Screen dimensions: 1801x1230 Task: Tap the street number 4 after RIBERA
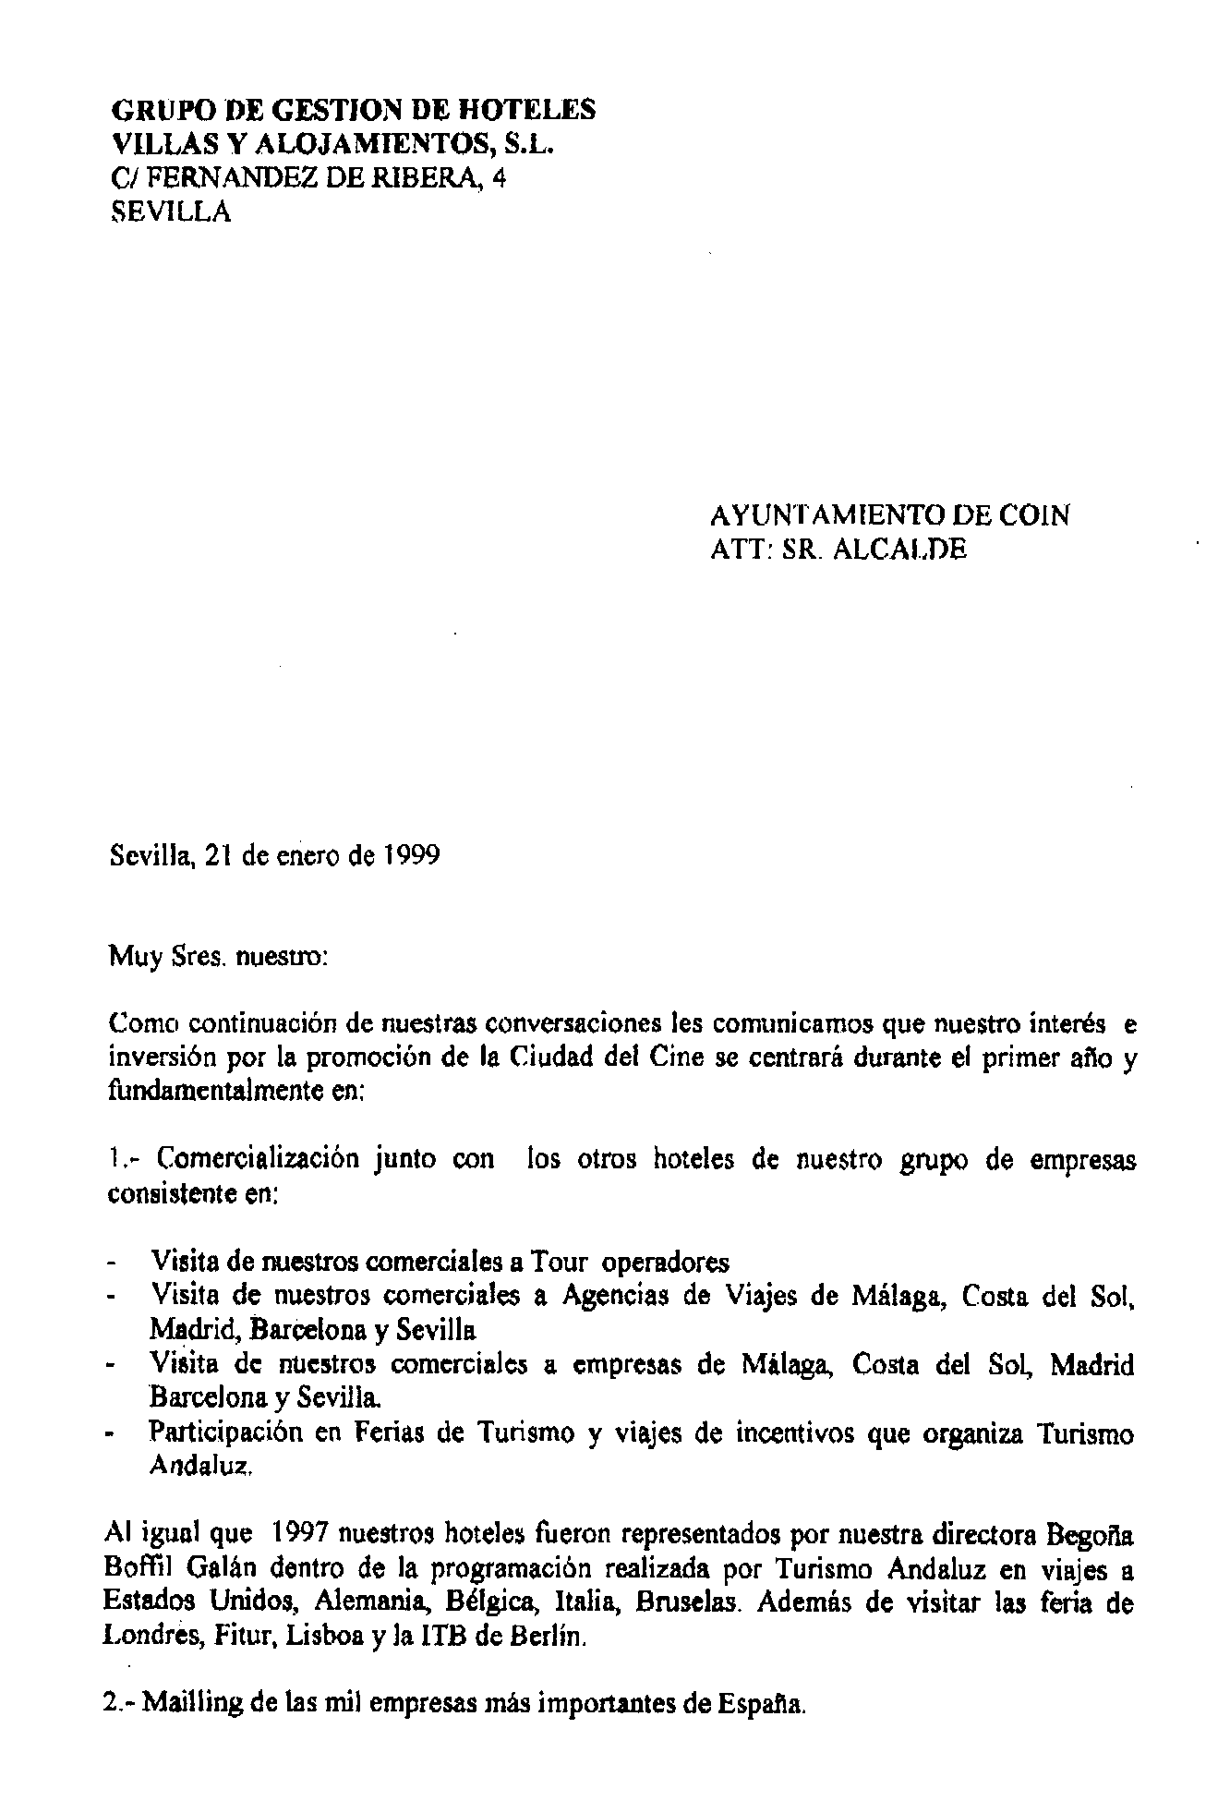tap(499, 178)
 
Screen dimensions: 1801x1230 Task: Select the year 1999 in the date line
tap(411, 855)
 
